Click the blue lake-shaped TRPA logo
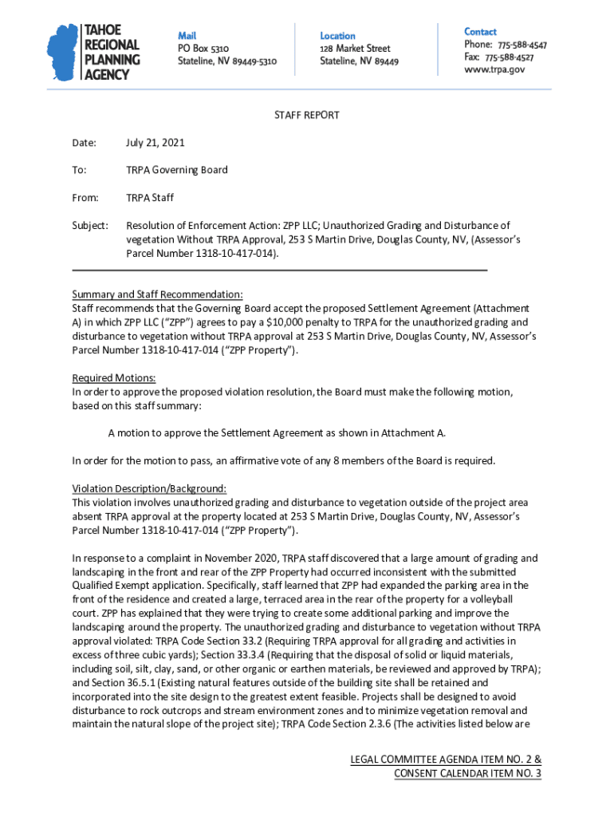(64, 51)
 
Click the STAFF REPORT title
(307, 116)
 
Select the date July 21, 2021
(155, 143)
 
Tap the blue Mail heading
(187, 36)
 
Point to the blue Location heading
(337, 36)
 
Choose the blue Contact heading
(480, 32)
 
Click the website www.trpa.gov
(494, 70)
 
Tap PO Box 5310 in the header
(203, 49)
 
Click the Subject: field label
(90, 226)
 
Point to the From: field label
(85, 198)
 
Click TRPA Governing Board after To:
(176, 170)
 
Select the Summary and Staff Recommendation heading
(157, 294)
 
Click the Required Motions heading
(114, 378)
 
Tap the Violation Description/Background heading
(149, 489)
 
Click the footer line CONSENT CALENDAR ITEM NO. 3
(467, 774)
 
